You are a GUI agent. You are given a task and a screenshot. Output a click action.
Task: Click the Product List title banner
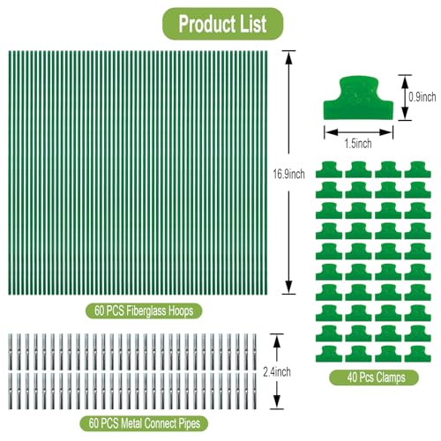point(222,24)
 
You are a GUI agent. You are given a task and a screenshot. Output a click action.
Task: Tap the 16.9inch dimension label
point(288,175)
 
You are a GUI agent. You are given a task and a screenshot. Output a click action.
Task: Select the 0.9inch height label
point(422,97)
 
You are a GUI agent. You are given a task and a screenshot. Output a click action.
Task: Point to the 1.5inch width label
point(358,144)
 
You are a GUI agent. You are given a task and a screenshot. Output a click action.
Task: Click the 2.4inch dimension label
point(277,372)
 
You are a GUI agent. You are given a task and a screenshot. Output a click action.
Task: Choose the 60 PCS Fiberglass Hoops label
point(144,311)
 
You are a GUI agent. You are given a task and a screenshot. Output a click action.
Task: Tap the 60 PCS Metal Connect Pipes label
point(144,423)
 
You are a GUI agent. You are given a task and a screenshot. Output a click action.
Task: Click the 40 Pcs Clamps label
point(374,377)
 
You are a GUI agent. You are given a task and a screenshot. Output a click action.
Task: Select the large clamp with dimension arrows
point(358,99)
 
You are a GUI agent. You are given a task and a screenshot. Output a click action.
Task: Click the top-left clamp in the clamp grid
point(329,170)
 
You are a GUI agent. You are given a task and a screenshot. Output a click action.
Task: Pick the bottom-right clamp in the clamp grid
point(418,354)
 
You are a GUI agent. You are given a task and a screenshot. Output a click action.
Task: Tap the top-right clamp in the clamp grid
point(418,170)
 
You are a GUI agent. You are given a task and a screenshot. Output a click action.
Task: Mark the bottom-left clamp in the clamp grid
point(329,354)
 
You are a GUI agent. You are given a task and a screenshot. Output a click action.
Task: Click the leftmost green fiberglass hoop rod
point(10,173)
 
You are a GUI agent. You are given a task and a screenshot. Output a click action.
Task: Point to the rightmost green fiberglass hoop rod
point(266,173)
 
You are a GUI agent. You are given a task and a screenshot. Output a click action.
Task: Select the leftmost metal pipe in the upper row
point(11,352)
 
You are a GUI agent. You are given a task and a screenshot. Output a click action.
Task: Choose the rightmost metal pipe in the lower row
point(255,391)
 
